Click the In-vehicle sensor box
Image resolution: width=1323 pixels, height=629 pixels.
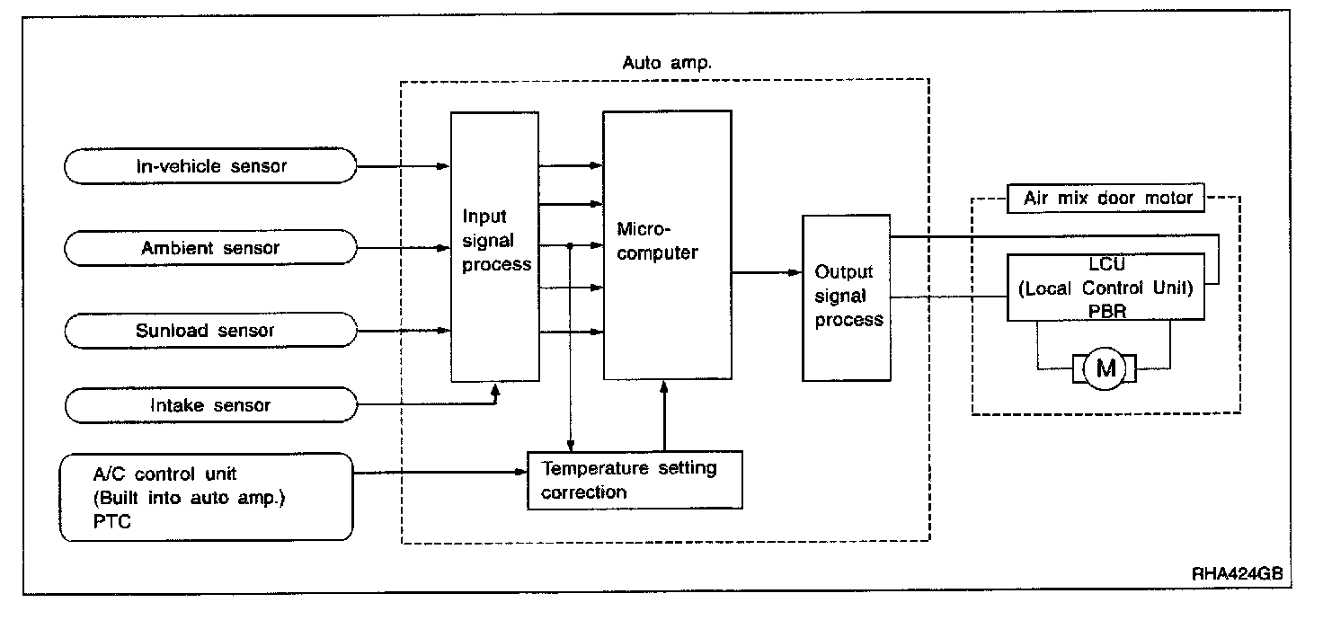211,165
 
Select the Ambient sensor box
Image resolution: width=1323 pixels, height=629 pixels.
211,247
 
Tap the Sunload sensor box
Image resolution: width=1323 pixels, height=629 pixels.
211,330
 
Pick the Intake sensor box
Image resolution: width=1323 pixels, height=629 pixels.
211,405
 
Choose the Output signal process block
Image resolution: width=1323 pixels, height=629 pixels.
846,296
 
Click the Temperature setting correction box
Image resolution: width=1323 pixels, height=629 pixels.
635,480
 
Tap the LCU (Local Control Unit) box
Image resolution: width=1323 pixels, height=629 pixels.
1105,287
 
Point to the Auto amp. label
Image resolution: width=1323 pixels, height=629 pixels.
667,63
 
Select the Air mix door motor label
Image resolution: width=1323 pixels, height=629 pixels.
1107,198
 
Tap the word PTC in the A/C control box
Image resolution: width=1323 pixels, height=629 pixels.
111,522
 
